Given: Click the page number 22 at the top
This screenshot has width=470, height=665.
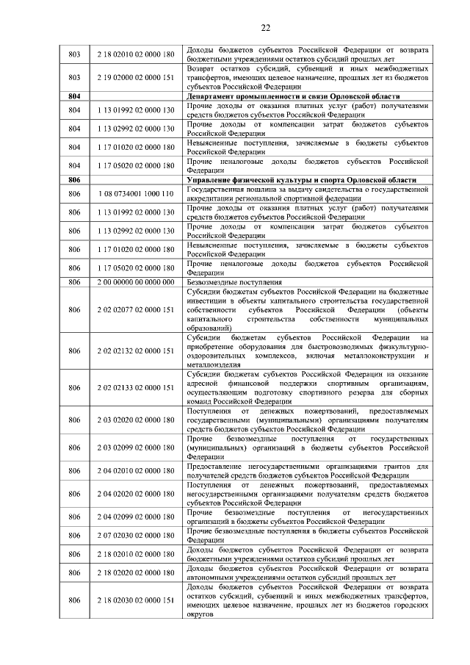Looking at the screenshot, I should [265, 28].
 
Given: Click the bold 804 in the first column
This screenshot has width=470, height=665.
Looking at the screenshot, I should [73, 96].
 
